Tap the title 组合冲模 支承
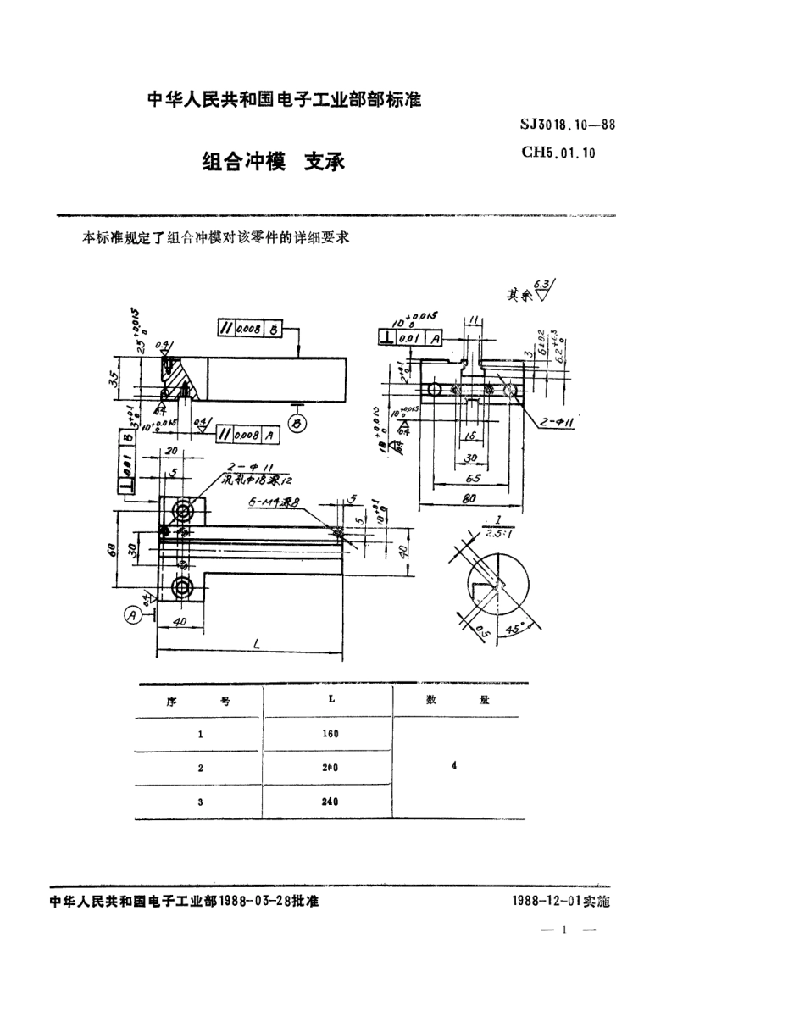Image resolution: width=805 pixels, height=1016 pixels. point(273,162)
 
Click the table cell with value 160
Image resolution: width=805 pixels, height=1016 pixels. point(330,734)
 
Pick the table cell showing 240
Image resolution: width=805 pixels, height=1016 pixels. point(330,801)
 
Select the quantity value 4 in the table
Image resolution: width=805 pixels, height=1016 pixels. point(455,765)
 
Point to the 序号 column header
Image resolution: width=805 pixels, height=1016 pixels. point(200,702)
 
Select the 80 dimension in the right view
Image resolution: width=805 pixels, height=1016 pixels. point(468,501)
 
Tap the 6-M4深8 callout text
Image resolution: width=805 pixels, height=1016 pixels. point(274,503)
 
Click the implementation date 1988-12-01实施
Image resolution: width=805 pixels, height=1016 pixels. point(561,902)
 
